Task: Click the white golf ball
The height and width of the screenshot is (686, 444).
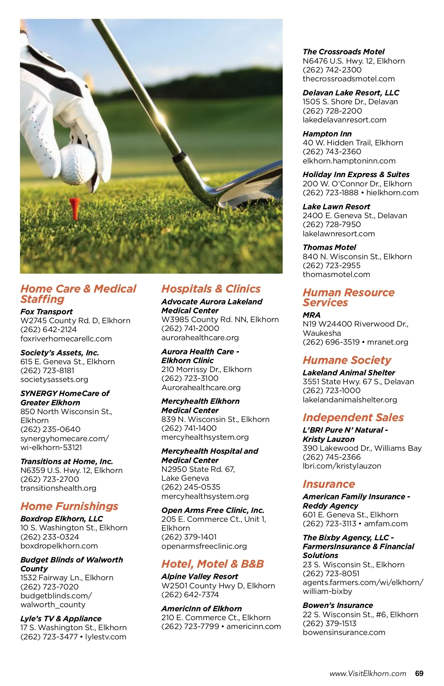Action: [x=78, y=164]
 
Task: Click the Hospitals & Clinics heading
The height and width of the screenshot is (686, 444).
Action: [x=211, y=289]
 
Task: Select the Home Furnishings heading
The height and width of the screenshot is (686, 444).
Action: [x=69, y=506]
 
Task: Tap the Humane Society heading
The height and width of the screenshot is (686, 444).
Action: [x=347, y=360]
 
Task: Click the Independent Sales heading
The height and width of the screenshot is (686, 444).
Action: [x=353, y=418]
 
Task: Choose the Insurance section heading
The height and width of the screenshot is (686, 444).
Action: [x=329, y=484]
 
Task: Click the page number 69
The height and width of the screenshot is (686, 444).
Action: [x=419, y=673]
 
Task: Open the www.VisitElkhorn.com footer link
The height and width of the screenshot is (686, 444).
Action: [x=368, y=673]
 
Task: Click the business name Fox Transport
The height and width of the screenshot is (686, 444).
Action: [x=47, y=312]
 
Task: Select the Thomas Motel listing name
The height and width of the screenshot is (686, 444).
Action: [x=329, y=247]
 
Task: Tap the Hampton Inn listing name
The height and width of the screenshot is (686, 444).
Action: [x=327, y=134]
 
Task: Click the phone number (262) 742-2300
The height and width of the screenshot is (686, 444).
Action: [x=332, y=70]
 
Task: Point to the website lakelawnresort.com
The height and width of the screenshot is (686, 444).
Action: [x=339, y=234]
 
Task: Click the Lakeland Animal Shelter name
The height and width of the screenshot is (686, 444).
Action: [x=349, y=373]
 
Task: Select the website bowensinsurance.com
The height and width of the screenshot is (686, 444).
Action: [x=344, y=632]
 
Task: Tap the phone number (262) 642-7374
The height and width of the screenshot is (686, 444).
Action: [x=190, y=595]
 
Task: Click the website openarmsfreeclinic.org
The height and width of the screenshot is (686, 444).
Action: [x=204, y=546]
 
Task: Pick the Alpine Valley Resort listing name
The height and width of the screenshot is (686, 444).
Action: [x=199, y=577]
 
